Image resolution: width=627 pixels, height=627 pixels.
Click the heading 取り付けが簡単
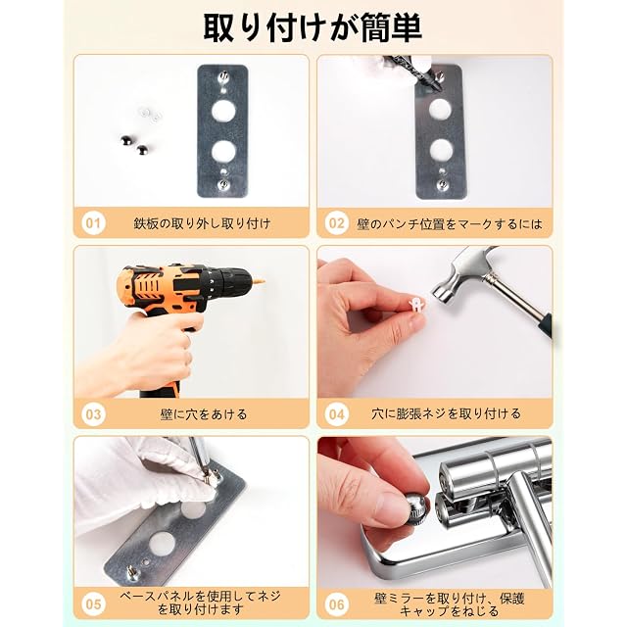313,27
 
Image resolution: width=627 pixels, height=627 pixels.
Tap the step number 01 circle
93,222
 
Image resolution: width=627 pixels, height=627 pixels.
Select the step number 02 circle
337,222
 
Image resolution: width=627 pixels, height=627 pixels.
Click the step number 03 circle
93,413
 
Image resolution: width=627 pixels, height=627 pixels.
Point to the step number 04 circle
337,413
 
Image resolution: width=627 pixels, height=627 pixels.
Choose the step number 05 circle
93,603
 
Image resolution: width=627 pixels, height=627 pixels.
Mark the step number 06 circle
337,603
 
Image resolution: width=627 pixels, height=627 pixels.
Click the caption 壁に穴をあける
204,414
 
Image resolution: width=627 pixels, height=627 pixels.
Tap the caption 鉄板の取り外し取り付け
203,223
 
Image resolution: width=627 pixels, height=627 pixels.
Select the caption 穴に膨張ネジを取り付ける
446,413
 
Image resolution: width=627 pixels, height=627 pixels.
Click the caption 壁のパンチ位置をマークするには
450,223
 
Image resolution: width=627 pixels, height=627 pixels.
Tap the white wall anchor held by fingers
415,304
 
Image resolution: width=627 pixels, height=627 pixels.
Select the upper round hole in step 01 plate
223,111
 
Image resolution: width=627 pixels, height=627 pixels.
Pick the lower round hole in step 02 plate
442,150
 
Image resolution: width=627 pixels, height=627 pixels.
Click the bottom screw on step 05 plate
132,572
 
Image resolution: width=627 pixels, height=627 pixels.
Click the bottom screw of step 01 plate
223,185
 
